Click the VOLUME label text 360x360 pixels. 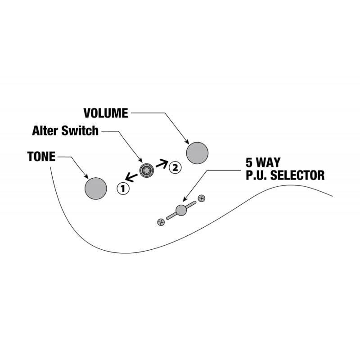(x=106, y=113)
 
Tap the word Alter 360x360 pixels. (x=46, y=130)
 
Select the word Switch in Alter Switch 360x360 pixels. (x=80, y=130)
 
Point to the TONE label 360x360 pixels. (x=41, y=157)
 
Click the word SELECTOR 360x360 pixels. (x=297, y=175)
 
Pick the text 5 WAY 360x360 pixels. (x=263, y=162)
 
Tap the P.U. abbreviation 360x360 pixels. (x=256, y=175)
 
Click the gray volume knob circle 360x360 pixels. (x=197, y=153)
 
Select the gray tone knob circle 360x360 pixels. (x=96, y=189)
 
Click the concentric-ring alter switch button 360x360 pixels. (x=147, y=171)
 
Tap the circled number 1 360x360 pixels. (x=123, y=189)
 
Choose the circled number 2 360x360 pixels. (x=175, y=167)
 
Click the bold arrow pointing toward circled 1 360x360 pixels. (x=131, y=177)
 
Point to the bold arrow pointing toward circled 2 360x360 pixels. (x=162, y=163)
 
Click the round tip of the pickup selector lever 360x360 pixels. (x=181, y=210)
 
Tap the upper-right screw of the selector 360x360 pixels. (x=202, y=198)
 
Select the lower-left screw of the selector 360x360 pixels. (x=161, y=222)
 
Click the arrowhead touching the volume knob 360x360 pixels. (x=187, y=142)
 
